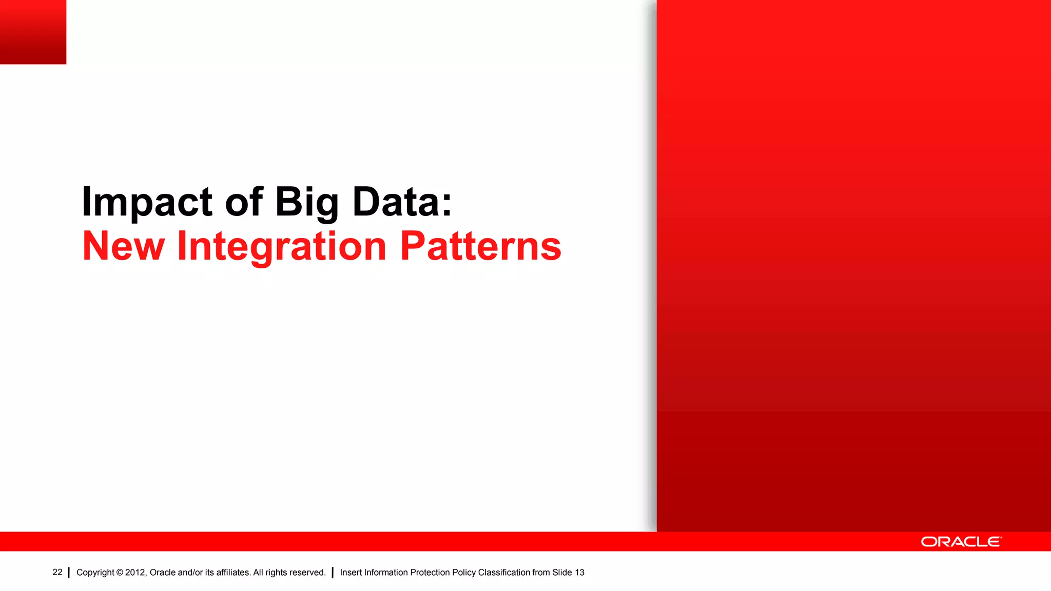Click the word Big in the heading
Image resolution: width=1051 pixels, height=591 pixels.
pyautogui.click(x=307, y=202)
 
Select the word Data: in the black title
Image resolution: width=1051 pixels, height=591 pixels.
pyautogui.click(x=402, y=202)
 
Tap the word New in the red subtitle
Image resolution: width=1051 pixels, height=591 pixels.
pyautogui.click(x=124, y=246)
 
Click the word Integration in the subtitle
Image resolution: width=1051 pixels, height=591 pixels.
pyautogui.click(x=281, y=246)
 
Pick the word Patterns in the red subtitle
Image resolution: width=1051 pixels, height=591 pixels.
pyautogui.click(x=480, y=246)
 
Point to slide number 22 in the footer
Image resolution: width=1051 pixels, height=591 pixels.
pyautogui.click(x=57, y=572)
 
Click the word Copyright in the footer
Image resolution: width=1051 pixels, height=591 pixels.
pyautogui.click(x=95, y=573)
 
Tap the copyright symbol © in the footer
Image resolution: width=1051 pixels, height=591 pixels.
pyautogui.click(x=120, y=573)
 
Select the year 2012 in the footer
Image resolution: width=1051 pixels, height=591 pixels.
pyautogui.click(x=135, y=573)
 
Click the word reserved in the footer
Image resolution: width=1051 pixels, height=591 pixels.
pyautogui.click(x=307, y=573)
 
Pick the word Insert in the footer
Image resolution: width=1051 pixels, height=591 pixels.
pyautogui.click(x=351, y=573)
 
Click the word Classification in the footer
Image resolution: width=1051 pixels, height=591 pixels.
pyautogui.click(x=504, y=573)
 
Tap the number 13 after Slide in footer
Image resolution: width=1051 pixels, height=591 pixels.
pyautogui.click(x=579, y=573)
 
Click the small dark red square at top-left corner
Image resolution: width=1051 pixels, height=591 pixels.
pyautogui.click(x=33, y=32)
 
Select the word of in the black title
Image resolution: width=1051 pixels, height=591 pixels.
pyautogui.click(x=244, y=202)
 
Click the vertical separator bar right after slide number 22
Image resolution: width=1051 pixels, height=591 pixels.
pyautogui.click(x=69, y=573)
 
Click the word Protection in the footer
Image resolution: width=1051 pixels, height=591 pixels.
pyautogui.click(x=430, y=573)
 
